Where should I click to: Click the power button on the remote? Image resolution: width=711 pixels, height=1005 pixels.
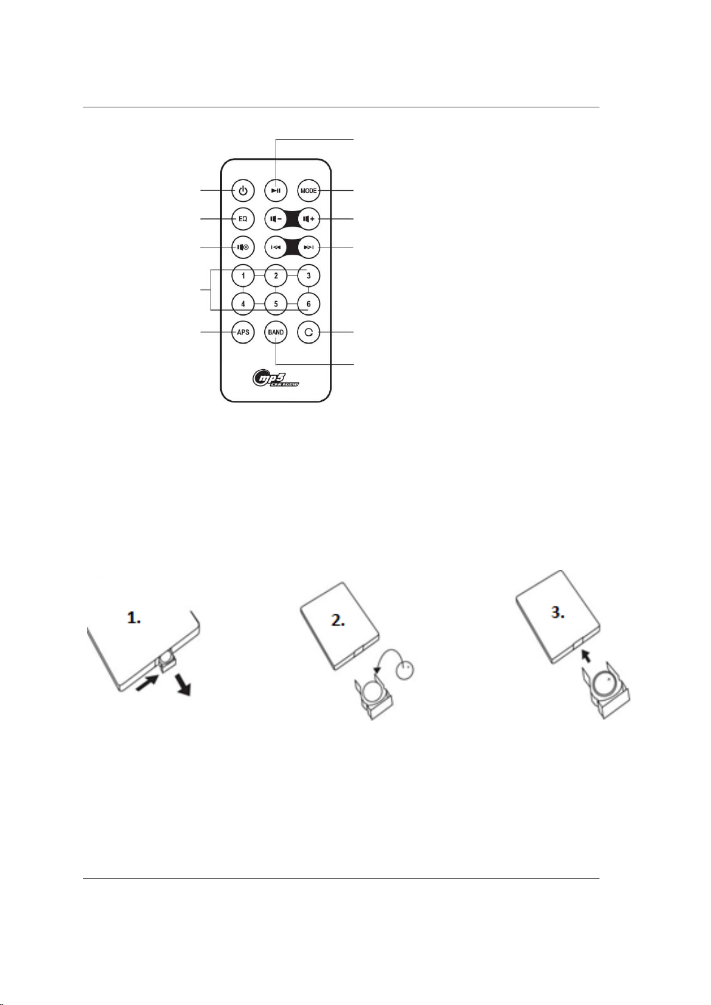pyautogui.click(x=243, y=191)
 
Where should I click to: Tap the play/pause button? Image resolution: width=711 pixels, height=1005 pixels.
pyautogui.click(x=276, y=191)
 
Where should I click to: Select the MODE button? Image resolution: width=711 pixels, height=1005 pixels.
pyautogui.click(x=308, y=191)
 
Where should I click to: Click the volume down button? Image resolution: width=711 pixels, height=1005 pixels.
pyautogui.click(x=276, y=219)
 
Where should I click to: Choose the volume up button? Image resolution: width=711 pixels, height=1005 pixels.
pyautogui.click(x=308, y=219)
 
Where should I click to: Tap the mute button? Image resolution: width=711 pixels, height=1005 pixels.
pyautogui.click(x=243, y=247)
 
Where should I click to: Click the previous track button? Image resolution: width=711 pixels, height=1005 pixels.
pyautogui.click(x=276, y=247)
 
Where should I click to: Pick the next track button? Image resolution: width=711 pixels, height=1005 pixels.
pyautogui.click(x=308, y=247)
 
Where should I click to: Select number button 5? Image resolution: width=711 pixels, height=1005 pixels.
pyautogui.click(x=276, y=304)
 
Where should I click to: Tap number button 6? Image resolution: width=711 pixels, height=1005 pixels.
pyautogui.click(x=308, y=304)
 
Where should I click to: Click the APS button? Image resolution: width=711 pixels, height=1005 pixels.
pyautogui.click(x=243, y=332)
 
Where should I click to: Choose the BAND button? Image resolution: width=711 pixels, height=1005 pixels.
pyautogui.click(x=276, y=332)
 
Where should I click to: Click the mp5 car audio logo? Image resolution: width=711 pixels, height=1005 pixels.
pyautogui.click(x=276, y=378)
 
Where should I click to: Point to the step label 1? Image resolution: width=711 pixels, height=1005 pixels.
pyautogui.click(x=134, y=619)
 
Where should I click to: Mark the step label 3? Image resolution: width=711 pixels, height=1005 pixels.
pyautogui.click(x=557, y=613)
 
